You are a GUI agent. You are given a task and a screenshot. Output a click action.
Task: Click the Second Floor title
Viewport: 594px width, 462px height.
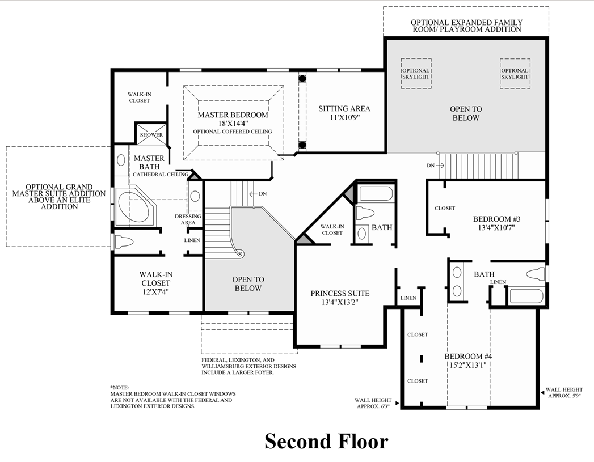[326, 441]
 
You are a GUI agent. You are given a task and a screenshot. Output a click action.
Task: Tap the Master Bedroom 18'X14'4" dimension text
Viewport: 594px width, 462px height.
[233, 123]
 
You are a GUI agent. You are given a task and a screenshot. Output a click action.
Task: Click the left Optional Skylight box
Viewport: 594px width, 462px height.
[416, 74]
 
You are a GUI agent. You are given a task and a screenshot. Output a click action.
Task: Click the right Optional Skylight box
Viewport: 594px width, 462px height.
[515, 74]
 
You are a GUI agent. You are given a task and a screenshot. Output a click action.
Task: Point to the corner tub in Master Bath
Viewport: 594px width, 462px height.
[135, 206]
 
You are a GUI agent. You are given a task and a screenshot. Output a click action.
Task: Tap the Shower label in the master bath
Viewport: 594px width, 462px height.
[151, 135]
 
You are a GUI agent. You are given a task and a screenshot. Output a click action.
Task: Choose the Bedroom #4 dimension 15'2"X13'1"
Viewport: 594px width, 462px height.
[468, 365]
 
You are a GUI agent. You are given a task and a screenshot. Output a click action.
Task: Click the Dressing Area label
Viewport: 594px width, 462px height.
[185, 219]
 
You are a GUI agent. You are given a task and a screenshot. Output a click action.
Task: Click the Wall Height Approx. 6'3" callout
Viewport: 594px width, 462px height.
[374, 402]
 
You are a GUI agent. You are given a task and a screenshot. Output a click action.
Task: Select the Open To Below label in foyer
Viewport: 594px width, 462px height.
[248, 283]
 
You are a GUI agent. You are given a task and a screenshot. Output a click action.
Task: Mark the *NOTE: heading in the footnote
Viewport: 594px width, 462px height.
[120, 387]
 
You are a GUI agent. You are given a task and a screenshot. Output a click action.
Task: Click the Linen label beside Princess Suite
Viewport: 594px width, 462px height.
[408, 298]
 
